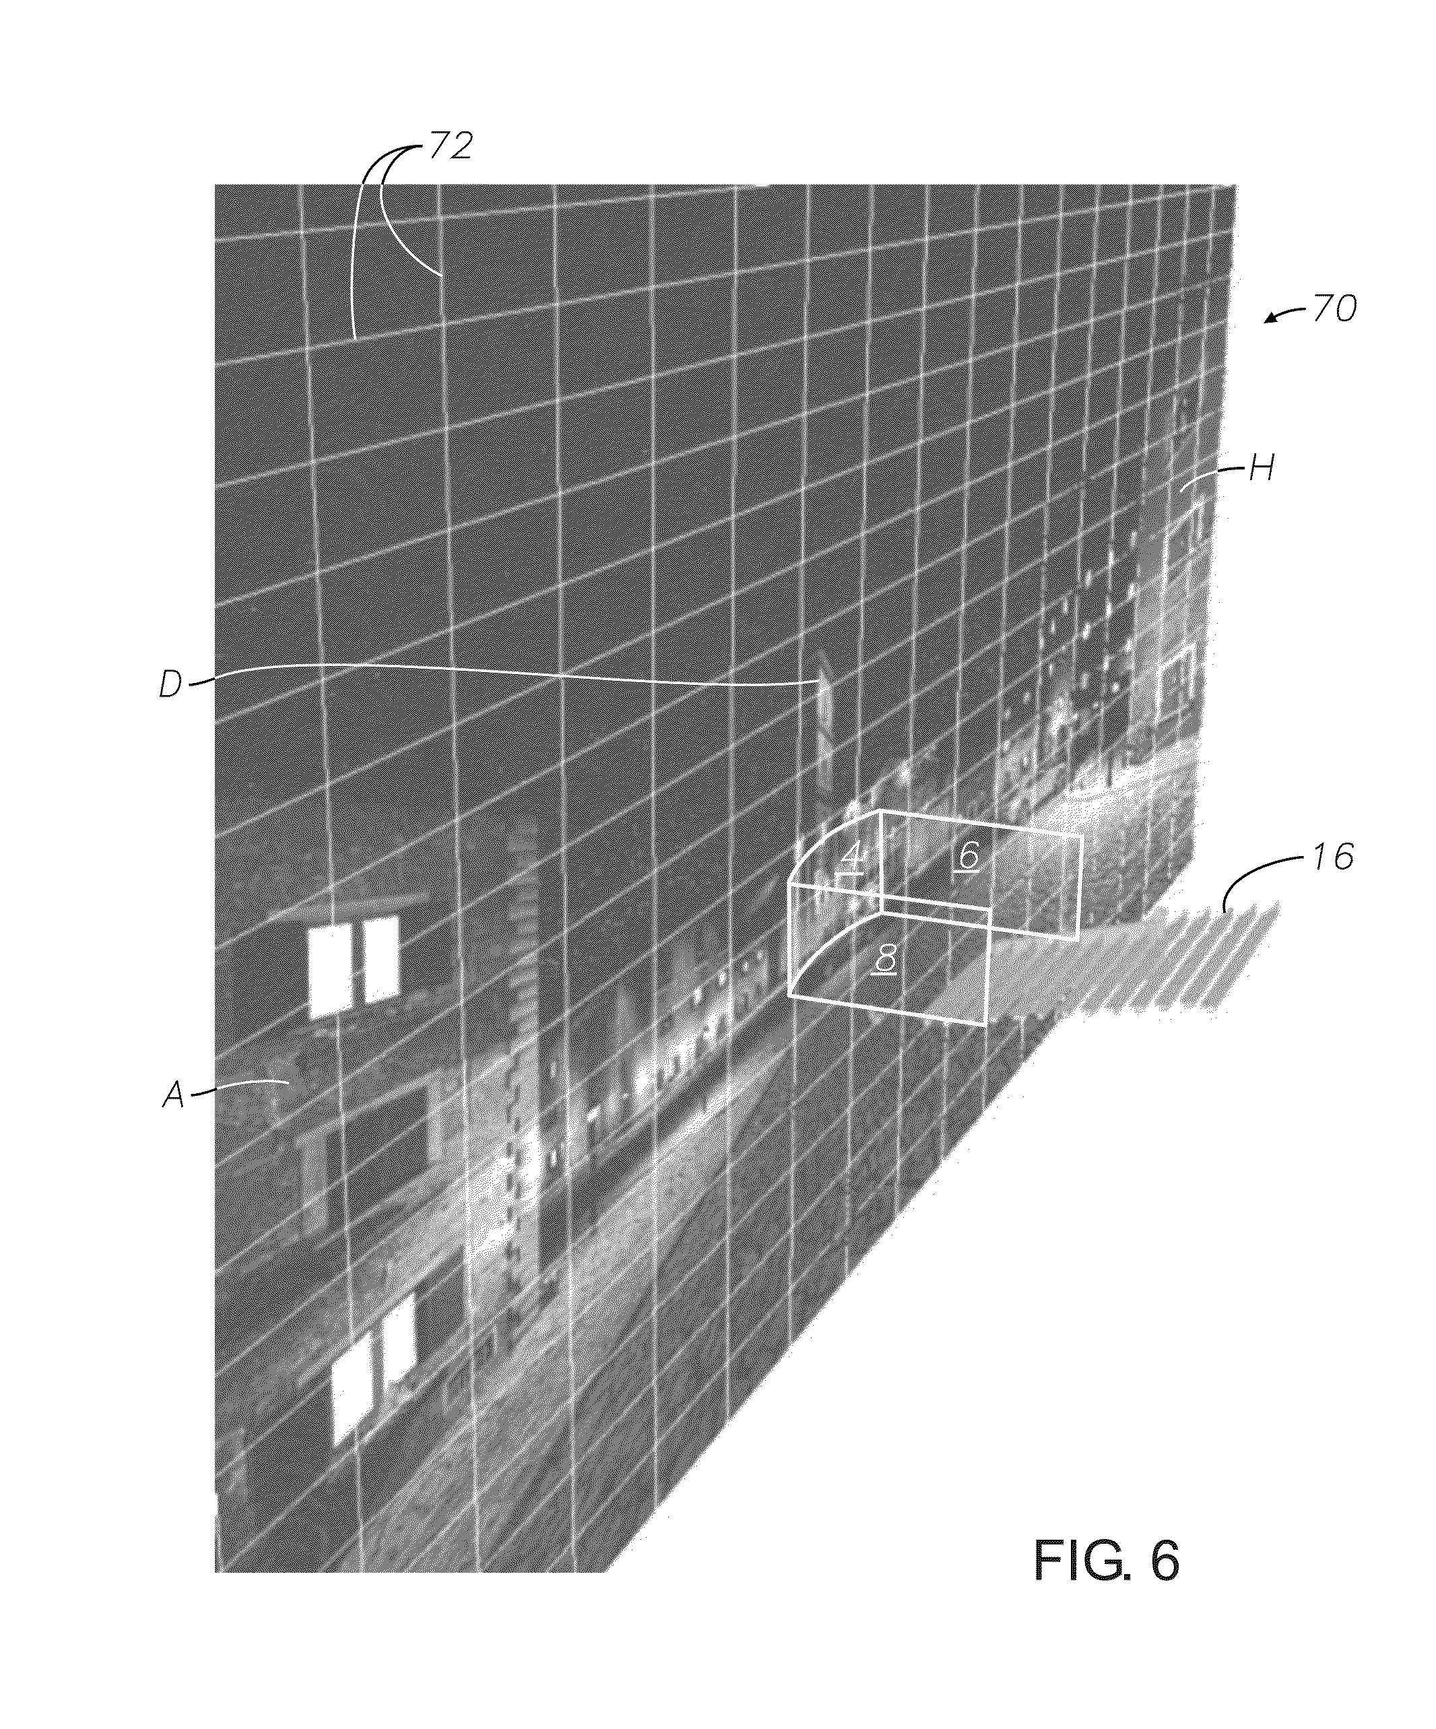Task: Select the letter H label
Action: (x=1261, y=469)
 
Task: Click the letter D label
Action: (x=170, y=685)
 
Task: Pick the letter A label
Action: (x=174, y=1095)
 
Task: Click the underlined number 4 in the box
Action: (x=853, y=857)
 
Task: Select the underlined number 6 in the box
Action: (x=969, y=857)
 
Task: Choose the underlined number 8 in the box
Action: (x=886, y=959)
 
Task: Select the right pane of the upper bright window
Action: (x=381, y=959)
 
